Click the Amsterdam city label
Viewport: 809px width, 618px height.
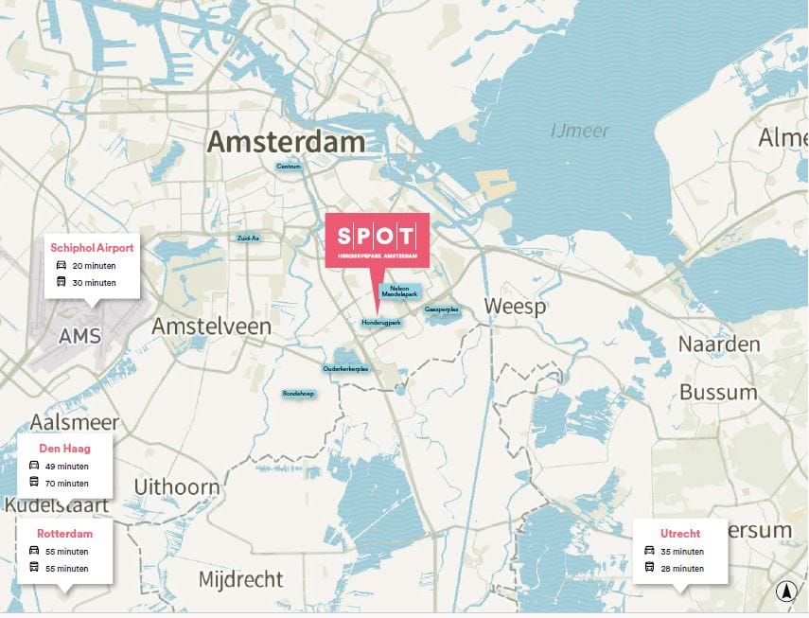[x=286, y=142]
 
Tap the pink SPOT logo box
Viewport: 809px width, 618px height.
[x=377, y=239]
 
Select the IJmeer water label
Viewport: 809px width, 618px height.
[x=580, y=131]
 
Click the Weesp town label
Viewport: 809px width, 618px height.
[x=515, y=307]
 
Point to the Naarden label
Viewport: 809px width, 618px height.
[x=719, y=344]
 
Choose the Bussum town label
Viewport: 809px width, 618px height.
[x=719, y=392]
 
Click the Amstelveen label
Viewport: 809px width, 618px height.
[x=211, y=327]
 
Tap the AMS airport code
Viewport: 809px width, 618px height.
[x=79, y=336]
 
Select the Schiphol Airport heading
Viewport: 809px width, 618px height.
[x=92, y=248]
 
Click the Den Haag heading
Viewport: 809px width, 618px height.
[x=64, y=448]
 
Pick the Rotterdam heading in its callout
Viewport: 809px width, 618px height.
[x=64, y=534]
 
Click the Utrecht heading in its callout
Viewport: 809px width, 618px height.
[x=680, y=534]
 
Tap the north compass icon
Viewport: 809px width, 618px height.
[x=784, y=592]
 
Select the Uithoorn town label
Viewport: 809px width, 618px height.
[x=177, y=487]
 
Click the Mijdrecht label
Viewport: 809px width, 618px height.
[x=242, y=578]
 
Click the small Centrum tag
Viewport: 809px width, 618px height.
[x=289, y=167]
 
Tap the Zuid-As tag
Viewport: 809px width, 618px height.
[x=248, y=238]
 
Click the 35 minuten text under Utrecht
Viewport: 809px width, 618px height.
[x=681, y=552]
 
